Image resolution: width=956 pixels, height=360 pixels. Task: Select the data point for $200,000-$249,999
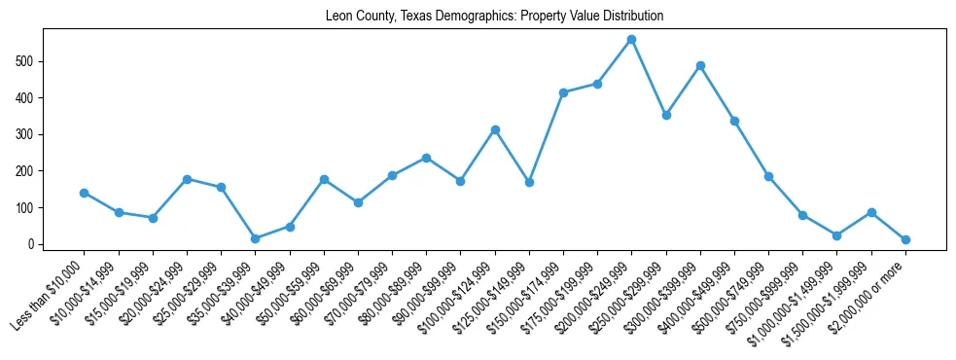tap(631, 40)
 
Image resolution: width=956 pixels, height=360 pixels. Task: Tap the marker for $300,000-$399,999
tap(700, 66)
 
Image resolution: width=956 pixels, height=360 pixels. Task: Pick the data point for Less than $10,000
tap(85, 193)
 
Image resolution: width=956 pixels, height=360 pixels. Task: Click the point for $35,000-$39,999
tap(255, 238)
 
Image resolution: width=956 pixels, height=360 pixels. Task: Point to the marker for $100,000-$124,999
tap(495, 129)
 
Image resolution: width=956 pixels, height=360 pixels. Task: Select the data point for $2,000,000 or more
tap(905, 239)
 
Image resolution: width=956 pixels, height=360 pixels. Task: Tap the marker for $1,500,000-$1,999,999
tap(871, 212)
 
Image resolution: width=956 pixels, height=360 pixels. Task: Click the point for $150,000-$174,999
tap(563, 92)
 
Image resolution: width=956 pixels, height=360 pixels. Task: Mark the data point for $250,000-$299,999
tap(666, 115)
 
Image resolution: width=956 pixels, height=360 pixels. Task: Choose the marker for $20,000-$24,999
tap(187, 179)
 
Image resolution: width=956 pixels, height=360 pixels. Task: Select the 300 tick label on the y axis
tap(29, 134)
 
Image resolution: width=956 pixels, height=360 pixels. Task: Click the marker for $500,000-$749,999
tap(768, 176)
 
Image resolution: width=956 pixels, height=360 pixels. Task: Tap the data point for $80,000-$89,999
tap(426, 158)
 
